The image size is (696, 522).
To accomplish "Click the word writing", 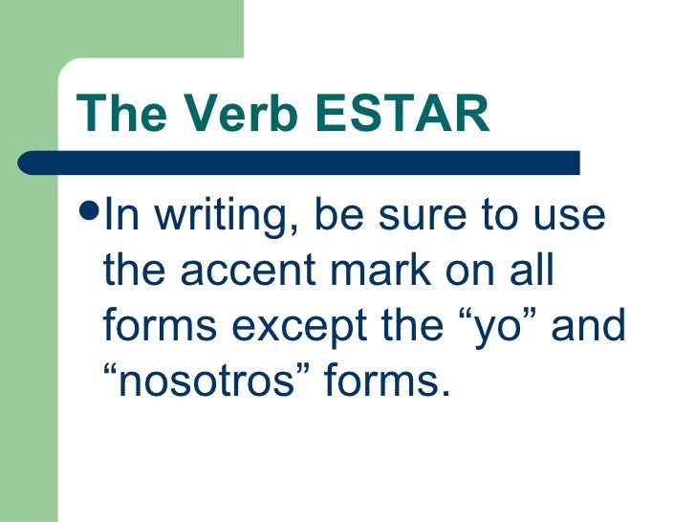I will coord(212,218).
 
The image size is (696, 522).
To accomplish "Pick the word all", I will coord(532,272).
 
